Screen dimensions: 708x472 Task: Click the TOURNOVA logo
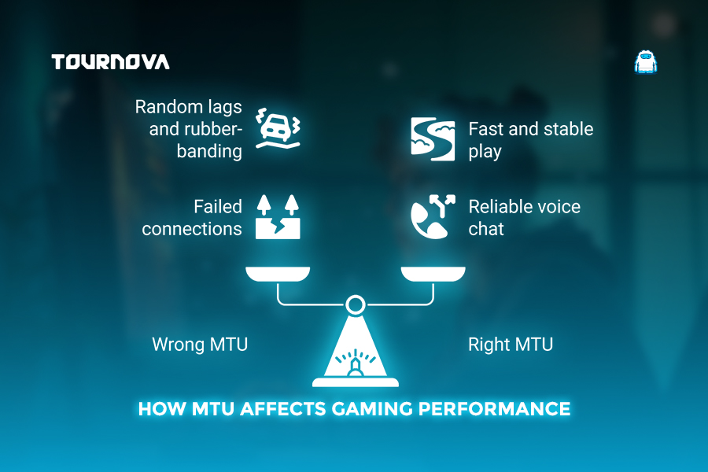111,62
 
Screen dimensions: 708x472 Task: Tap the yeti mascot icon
646,62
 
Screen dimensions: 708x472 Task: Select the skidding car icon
278,128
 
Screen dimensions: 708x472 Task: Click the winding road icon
433,139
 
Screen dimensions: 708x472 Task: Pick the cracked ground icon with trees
278,217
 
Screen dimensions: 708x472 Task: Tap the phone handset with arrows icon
433,217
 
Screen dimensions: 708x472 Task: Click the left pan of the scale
278,274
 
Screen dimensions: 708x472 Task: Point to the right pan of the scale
433,274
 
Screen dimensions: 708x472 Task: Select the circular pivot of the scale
356,304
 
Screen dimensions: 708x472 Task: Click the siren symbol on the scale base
356,363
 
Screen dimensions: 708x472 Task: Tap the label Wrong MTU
200,345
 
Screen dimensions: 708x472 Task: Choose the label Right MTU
511,345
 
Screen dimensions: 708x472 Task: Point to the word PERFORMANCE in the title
495,409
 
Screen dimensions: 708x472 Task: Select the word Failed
218,206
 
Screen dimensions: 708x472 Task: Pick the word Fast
486,129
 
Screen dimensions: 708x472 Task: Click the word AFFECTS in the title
283,409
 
